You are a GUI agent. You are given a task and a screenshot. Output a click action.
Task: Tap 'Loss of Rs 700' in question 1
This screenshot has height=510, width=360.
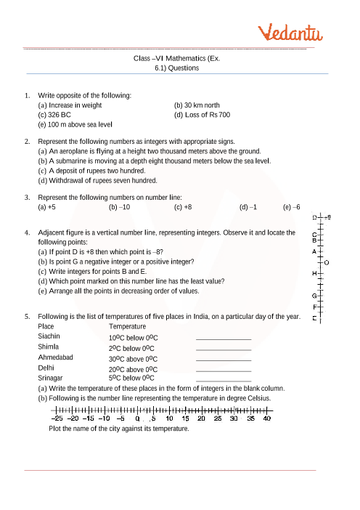(208, 116)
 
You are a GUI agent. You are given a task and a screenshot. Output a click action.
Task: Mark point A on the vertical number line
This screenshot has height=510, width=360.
(313, 251)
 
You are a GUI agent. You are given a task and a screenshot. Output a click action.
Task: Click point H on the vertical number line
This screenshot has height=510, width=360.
(313, 273)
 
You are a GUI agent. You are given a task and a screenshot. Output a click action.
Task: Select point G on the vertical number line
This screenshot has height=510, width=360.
(313, 296)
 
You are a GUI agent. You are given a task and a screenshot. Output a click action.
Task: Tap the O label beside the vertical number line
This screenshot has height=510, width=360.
(327, 262)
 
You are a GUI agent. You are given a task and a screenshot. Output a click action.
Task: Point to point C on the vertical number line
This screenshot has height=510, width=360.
(313, 234)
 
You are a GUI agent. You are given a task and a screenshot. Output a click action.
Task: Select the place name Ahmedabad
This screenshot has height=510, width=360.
(55, 358)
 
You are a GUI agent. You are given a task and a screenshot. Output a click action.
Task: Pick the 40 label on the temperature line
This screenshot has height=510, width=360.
(267, 418)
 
